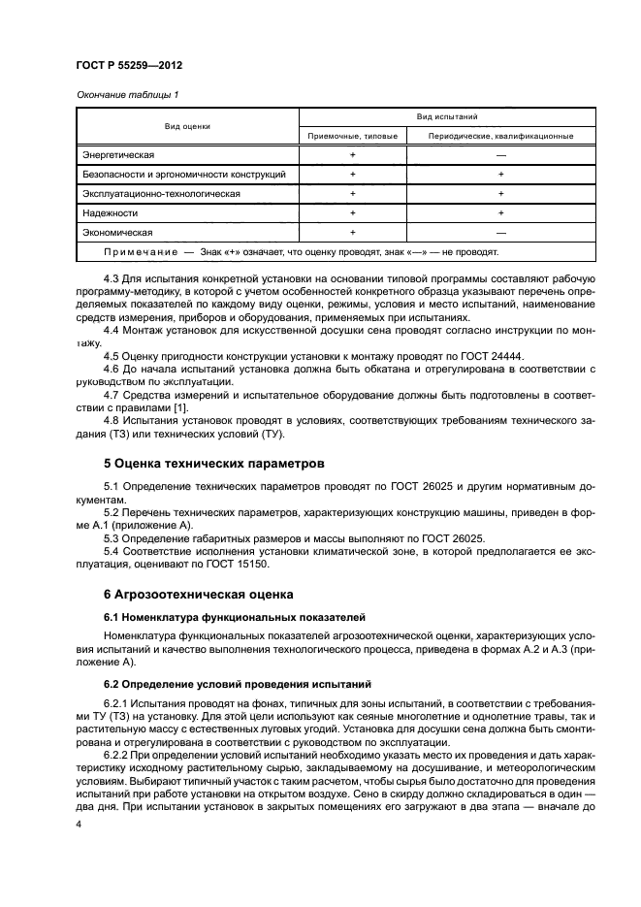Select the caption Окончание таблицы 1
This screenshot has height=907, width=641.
[120, 95]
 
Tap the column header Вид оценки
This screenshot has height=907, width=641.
[188, 126]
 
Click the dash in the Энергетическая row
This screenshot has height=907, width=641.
[500, 155]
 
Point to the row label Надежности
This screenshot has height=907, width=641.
[110, 213]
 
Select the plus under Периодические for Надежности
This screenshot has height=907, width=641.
[500, 213]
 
